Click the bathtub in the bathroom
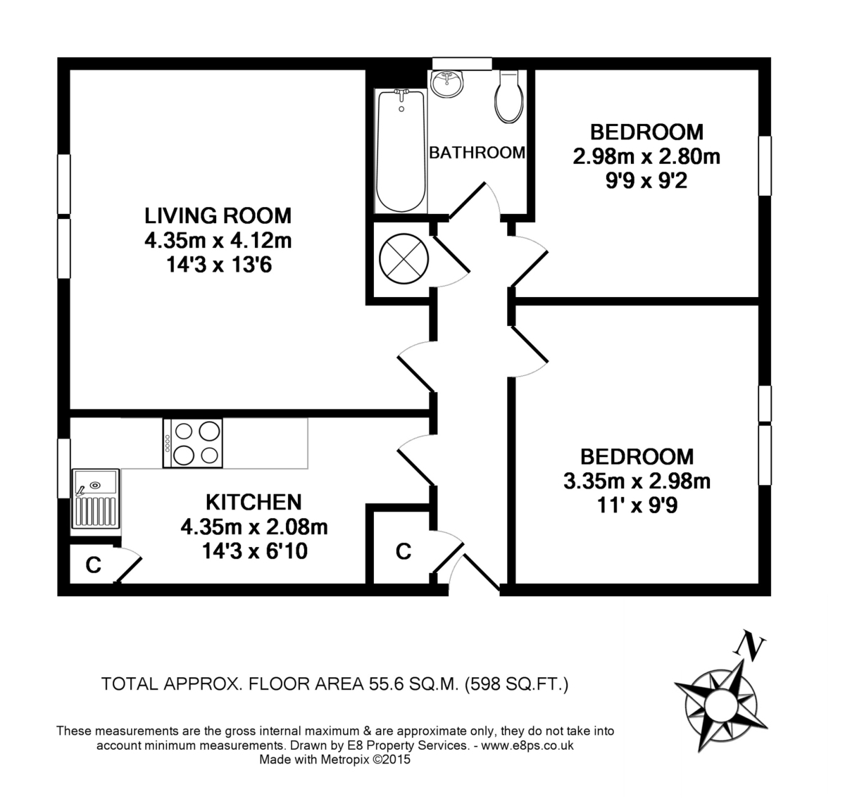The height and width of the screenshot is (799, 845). (x=401, y=151)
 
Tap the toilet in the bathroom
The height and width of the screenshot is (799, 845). (x=508, y=96)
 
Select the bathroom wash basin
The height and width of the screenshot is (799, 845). (x=447, y=83)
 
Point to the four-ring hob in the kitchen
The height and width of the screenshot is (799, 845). (x=192, y=443)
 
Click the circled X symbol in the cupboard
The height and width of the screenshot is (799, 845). (x=403, y=258)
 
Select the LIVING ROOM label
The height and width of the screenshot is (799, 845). (x=218, y=215)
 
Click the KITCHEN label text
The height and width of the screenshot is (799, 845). (x=254, y=502)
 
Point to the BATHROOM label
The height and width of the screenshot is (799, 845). (x=477, y=153)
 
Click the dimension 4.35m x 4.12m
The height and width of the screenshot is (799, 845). (x=218, y=240)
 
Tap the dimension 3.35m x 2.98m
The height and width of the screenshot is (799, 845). (x=637, y=481)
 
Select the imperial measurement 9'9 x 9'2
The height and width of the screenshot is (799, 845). (x=646, y=181)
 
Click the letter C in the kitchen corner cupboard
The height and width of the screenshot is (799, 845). (x=93, y=565)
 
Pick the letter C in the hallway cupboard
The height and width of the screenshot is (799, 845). (x=403, y=551)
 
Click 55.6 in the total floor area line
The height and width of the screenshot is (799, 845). (x=387, y=684)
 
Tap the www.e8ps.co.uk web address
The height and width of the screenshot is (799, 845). (x=527, y=745)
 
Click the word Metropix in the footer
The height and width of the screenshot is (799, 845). (x=345, y=760)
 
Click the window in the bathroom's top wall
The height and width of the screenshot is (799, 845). (x=462, y=63)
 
